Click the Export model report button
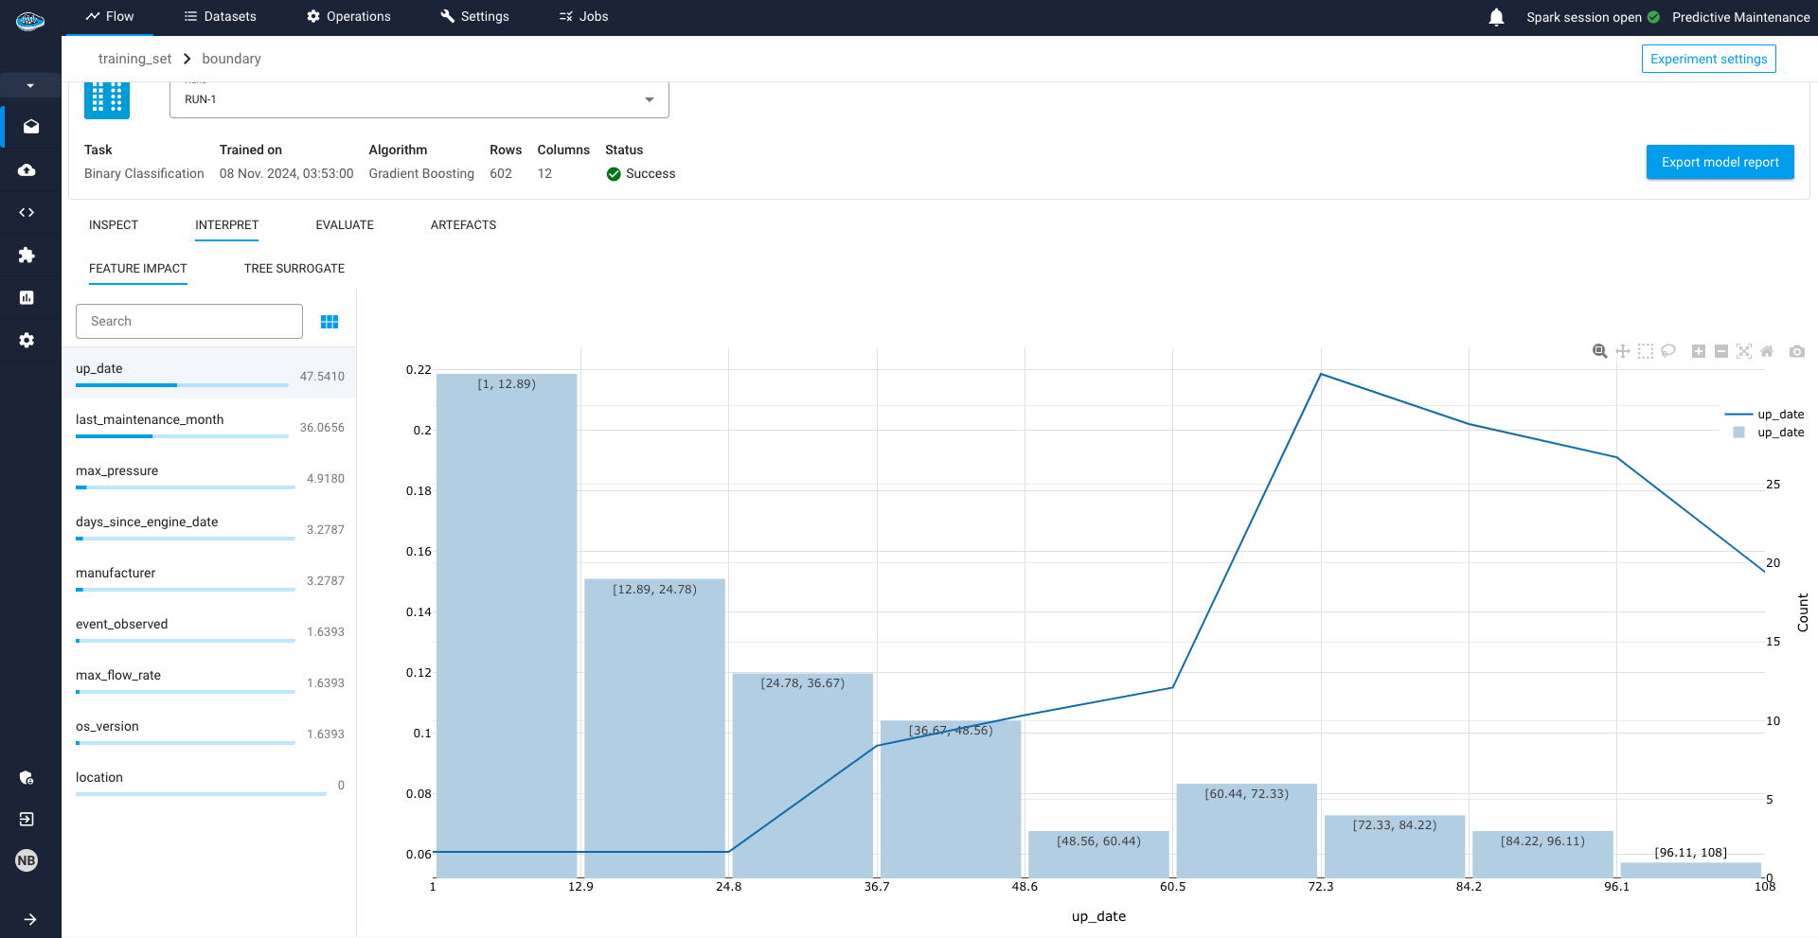click(x=1720, y=162)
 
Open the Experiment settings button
click(x=1708, y=59)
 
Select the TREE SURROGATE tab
click(x=294, y=269)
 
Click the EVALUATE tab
click(x=345, y=225)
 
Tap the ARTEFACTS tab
click(x=463, y=225)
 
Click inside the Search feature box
click(x=189, y=322)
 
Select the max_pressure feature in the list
click(x=117, y=471)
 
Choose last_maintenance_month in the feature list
click(x=150, y=420)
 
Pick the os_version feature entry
click(x=107, y=727)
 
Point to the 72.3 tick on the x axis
click(x=1320, y=887)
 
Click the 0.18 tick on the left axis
click(x=419, y=491)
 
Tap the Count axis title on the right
click(x=1803, y=612)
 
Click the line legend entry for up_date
click(x=1765, y=415)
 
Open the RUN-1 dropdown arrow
click(x=650, y=100)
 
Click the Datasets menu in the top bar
click(x=220, y=17)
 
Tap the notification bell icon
click(x=1496, y=17)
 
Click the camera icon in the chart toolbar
click(x=1796, y=351)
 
